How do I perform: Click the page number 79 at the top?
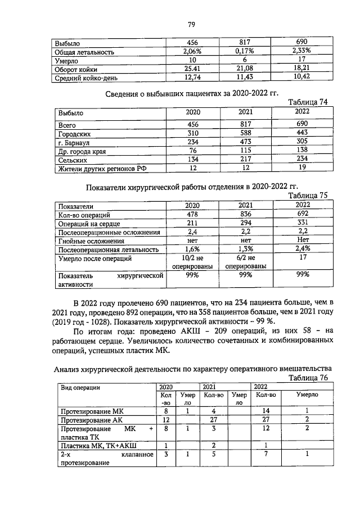coord(191,24)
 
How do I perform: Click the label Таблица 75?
coord(308,196)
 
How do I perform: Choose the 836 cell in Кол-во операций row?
coord(245,214)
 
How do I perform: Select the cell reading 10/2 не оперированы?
coord(193,262)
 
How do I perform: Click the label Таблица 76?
coord(308,378)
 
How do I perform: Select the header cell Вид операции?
coord(80,387)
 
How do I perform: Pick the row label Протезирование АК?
coord(91,419)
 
